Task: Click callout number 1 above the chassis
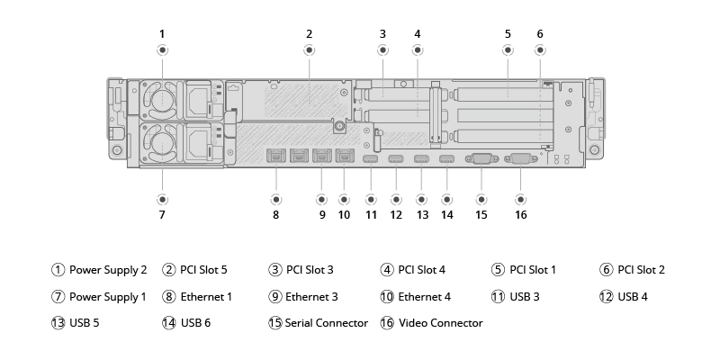(x=162, y=34)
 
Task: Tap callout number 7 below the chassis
(x=162, y=215)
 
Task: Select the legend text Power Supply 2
(x=108, y=269)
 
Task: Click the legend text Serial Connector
(x=327, y=322)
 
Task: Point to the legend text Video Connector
(x=441, y=322)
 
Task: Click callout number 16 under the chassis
(x=521, y=215)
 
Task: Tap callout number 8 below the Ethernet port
(x=275, y=215)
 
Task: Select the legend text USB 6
(x=195, y=322)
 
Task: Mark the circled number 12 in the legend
(x=607, y=296)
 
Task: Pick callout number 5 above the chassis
(x=508, y=34)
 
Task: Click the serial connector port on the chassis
(x=480, y=159)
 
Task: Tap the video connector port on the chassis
(x=521, y=159)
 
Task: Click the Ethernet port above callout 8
(x=275, y=157)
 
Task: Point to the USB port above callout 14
(x=446, y=160)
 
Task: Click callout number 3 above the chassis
(x=382, y=34)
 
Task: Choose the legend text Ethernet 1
(x=206, y=296)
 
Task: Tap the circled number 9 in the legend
(x=275, y=296)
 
